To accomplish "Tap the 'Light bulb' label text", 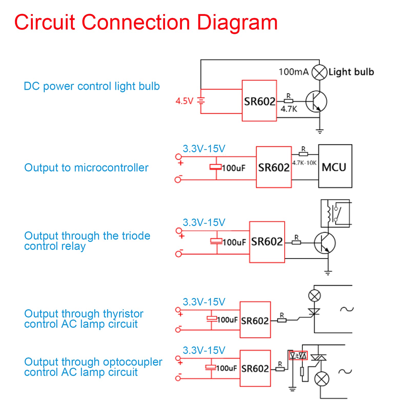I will pos(351,72).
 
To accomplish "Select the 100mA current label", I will pos(293,72).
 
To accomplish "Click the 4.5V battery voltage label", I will pos(184,101).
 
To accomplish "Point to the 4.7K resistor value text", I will pos(289,109).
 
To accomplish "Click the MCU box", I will pos(335,166).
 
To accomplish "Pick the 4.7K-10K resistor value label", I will pos(304,163).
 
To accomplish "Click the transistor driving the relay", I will pos(325,243).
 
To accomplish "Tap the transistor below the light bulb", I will pos(316,101).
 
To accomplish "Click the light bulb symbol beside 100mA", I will pos(319,73).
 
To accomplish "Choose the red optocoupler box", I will pos(298,356).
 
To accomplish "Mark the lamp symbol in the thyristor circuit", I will pos(314,296).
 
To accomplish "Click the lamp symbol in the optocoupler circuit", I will pos(322,379).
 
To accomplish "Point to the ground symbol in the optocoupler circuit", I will pos(292,389).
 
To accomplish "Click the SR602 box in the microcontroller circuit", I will pos(274,167).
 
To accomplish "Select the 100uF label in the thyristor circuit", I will pos(227,320).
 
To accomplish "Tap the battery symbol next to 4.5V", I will pos(201,101).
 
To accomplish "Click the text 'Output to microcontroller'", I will pos(86,168).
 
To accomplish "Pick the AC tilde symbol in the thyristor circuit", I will pos(347,309).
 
